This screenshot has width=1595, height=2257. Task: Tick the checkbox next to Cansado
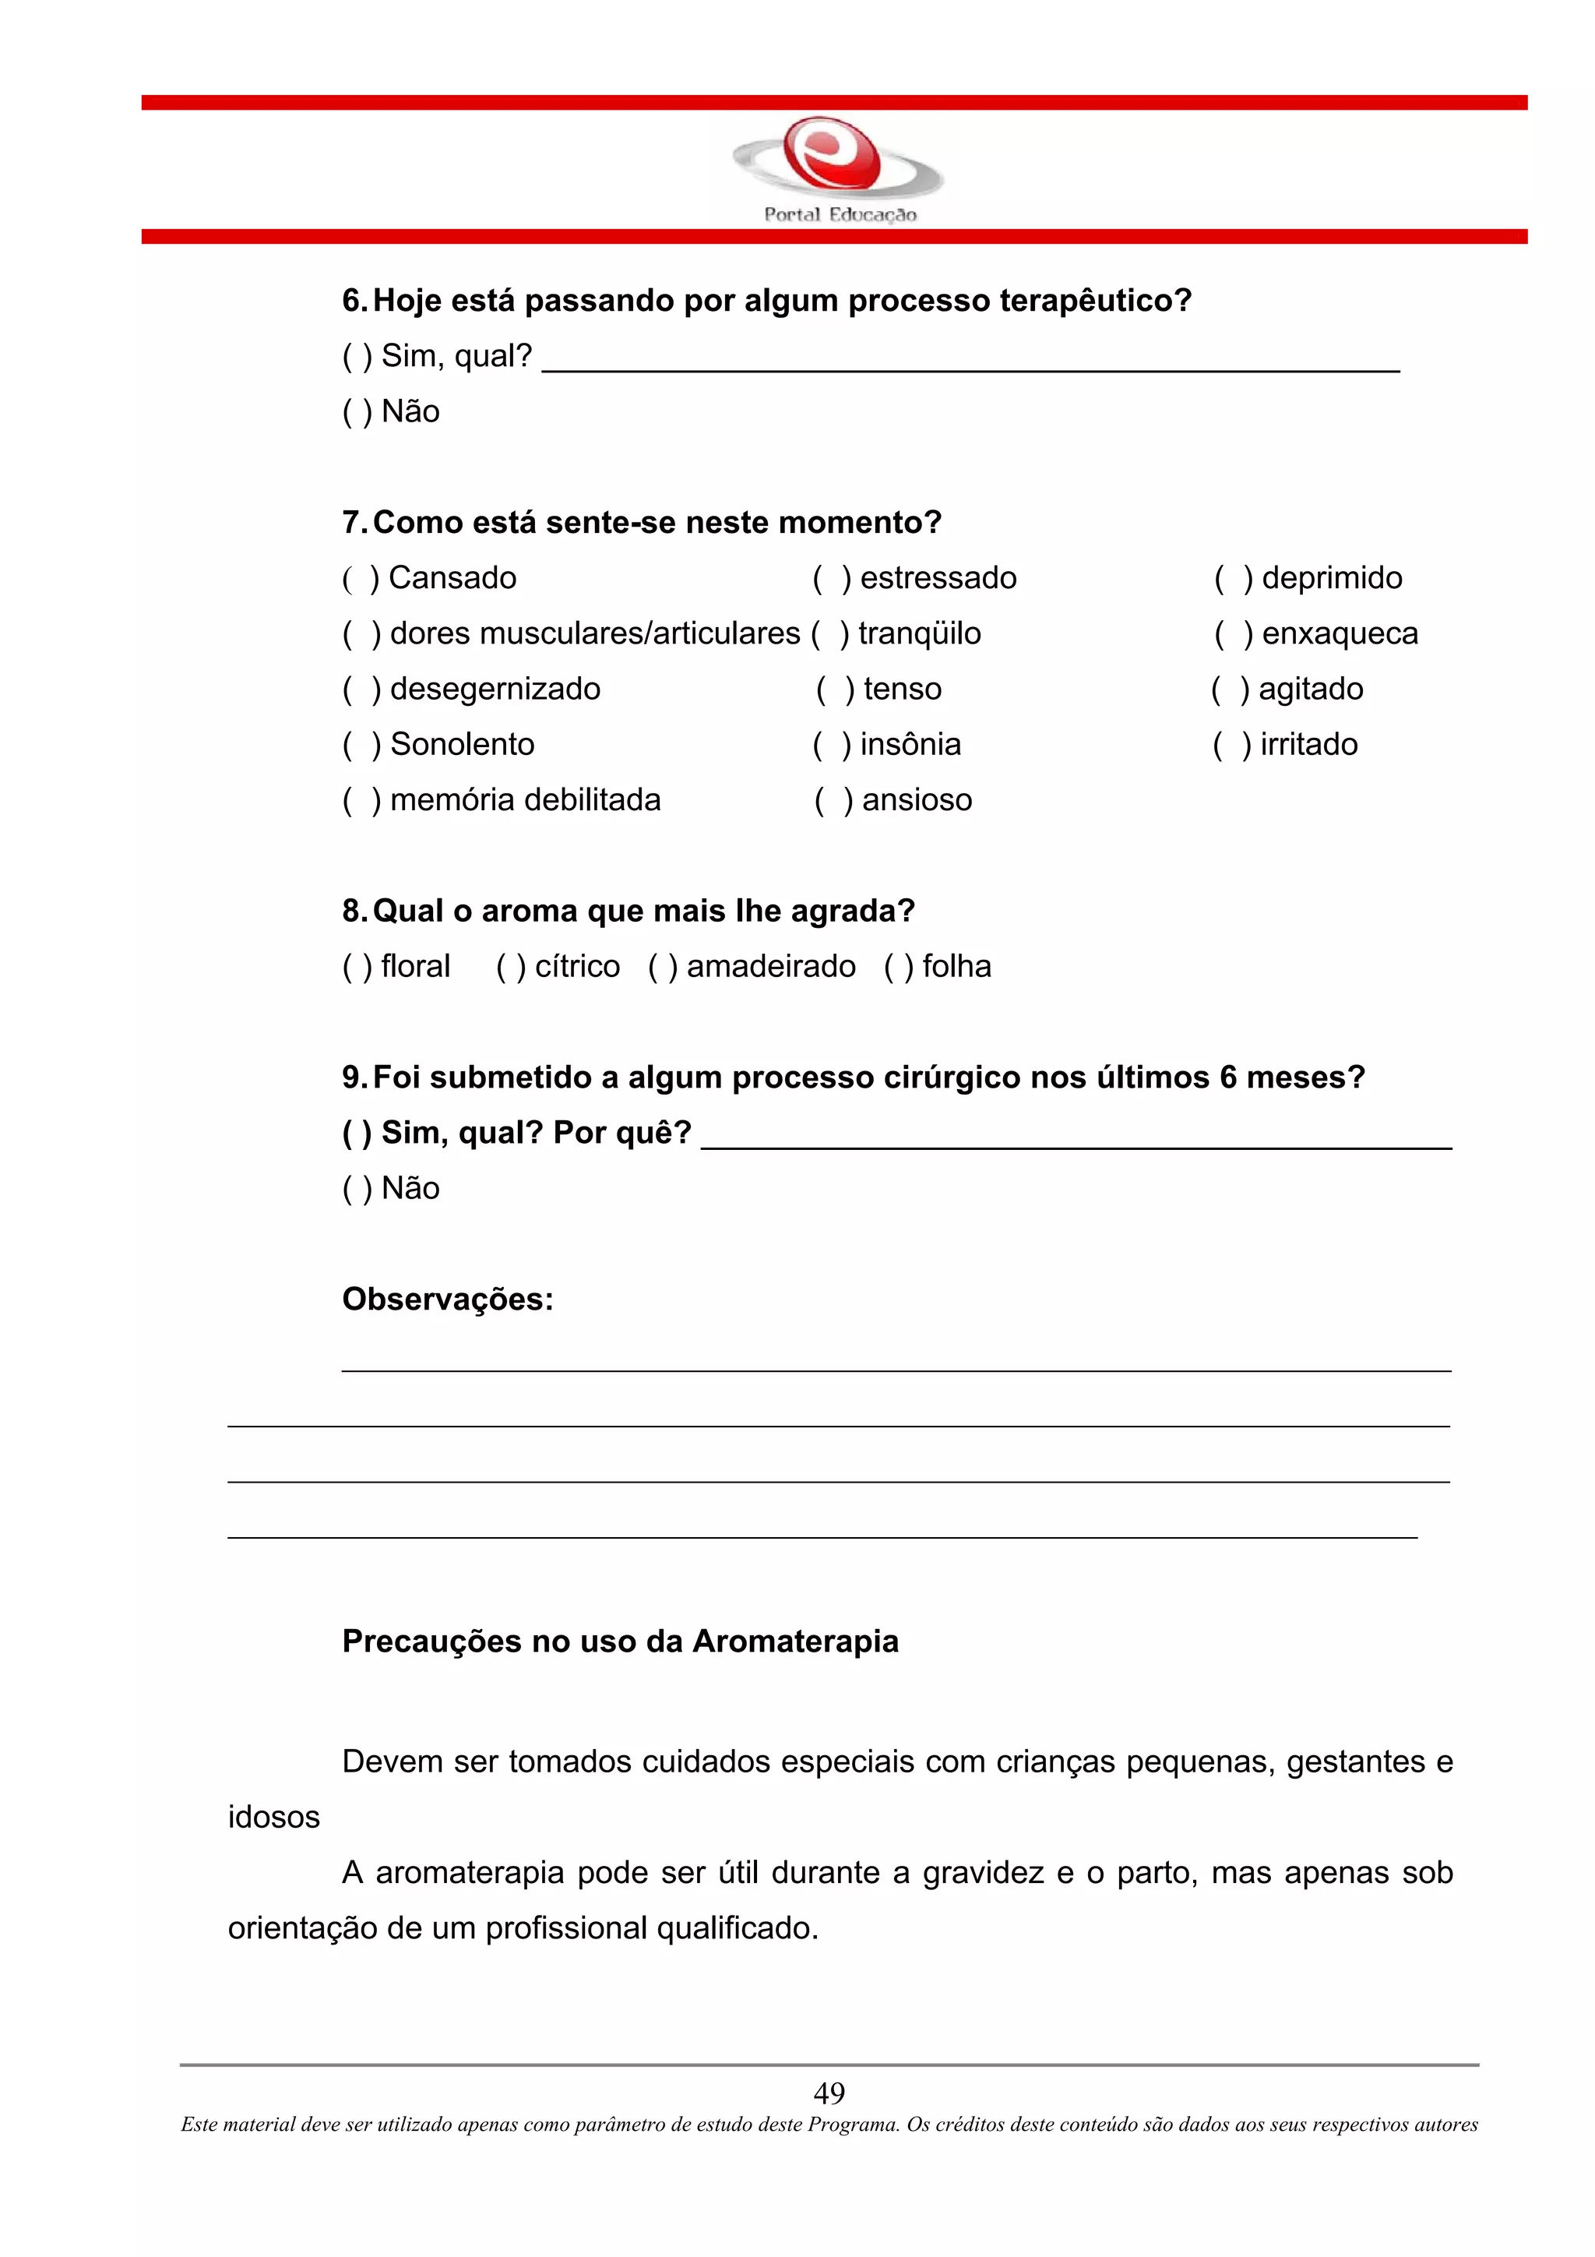[x=360, y=579]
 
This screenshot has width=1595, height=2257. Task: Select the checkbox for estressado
[x=832, y=579]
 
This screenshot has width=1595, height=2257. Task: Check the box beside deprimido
[x=1232, y=579]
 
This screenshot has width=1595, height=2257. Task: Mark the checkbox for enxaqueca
[x=1232, y=635]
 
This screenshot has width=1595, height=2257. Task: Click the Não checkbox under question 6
[x=357, y=412]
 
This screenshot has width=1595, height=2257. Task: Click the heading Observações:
[x=447, y=1300]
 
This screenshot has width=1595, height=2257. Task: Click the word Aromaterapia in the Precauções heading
[x=795, y=1642]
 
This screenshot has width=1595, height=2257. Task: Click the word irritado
[x=1308, y=745]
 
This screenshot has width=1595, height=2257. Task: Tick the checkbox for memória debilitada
[x=361, y=801]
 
